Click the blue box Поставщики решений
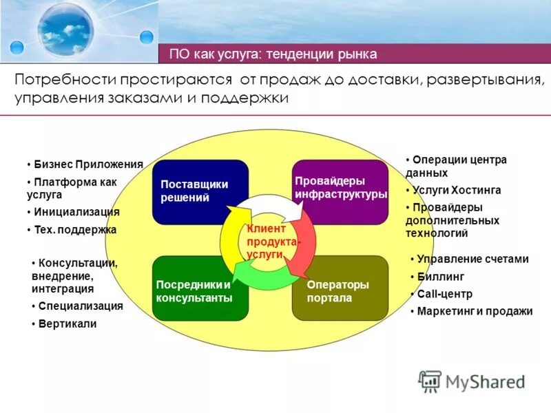coord(200,191)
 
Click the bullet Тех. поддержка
coord(75,230)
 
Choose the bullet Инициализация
coord(76,213)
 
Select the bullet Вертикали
coord(67,324)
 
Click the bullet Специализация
coord(81,306)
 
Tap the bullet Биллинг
coord(441,277)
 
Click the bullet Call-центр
coord(445,294)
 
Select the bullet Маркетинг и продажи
coord(475,311)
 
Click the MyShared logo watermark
coord(472,381)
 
